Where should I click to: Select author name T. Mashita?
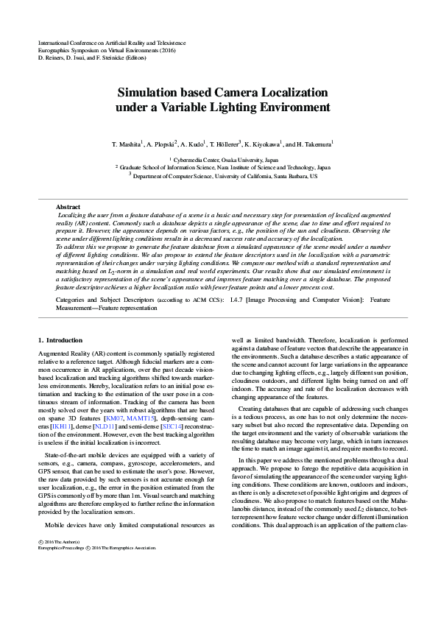[127, 144]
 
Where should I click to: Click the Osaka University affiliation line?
[225, 159]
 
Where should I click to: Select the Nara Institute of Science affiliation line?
[225, 168]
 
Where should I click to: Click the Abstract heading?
[68, 207]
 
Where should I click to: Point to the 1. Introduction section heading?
[60, 340]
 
